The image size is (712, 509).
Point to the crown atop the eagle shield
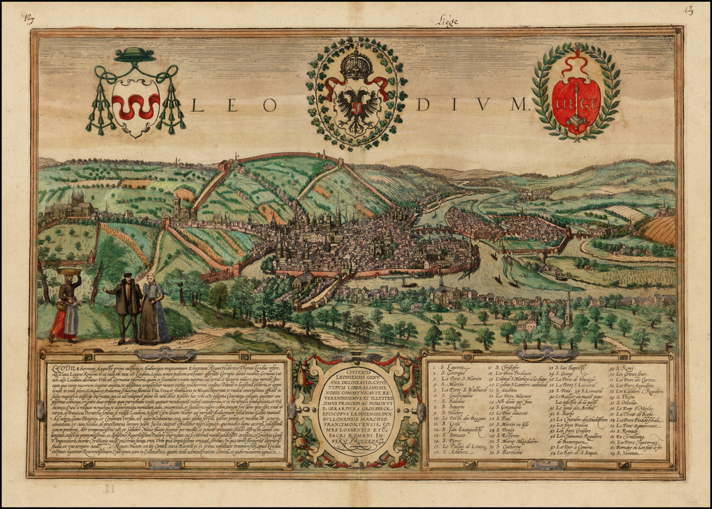357,65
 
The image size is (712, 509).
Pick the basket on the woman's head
67,270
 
